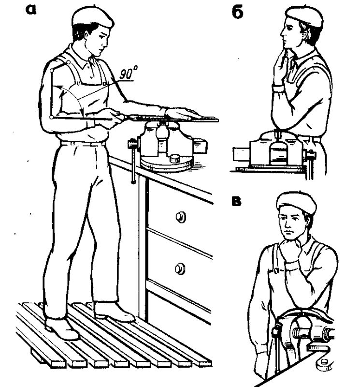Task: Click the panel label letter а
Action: [x=31, y=10]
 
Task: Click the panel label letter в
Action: [x=236, y=201]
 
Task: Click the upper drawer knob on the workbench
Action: [x=181, y=217]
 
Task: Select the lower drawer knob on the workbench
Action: [x=180, y=268]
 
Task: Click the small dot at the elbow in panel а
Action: [x=52, y=118]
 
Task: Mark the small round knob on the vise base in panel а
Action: [x=175, y=158]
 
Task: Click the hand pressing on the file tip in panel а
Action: [x=181, y=113]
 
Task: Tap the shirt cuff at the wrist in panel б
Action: [x=278, y=89]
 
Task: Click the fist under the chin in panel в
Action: [x=291, y=249]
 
